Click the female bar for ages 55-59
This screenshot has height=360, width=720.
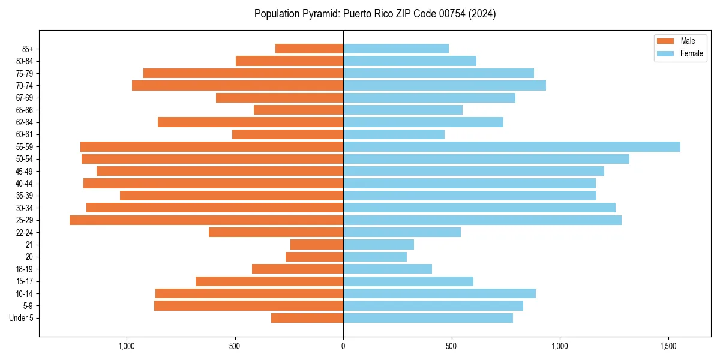tap(511, 146)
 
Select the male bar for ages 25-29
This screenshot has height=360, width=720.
tap(206, 220)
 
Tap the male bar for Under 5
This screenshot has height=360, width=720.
tap(307, 318)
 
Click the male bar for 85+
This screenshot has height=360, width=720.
tap(309, 49)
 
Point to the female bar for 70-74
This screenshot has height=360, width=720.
tap(444, 85)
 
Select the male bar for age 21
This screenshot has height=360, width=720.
tap(317, 245)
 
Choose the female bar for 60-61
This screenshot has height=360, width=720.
tap(394, 134)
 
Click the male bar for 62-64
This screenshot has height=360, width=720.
tap(250, 122)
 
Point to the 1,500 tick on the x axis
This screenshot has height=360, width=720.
tap(669, 346)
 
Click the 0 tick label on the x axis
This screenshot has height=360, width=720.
tap(343, 346)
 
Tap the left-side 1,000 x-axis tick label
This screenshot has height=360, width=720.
tap(126, 346)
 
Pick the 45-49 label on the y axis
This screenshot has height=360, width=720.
tap(25, 171)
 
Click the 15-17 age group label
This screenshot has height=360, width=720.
tap(25, 281)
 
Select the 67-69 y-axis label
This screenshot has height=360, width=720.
tap(25, 98)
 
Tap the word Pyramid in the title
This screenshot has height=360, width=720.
tap(320, 13)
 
